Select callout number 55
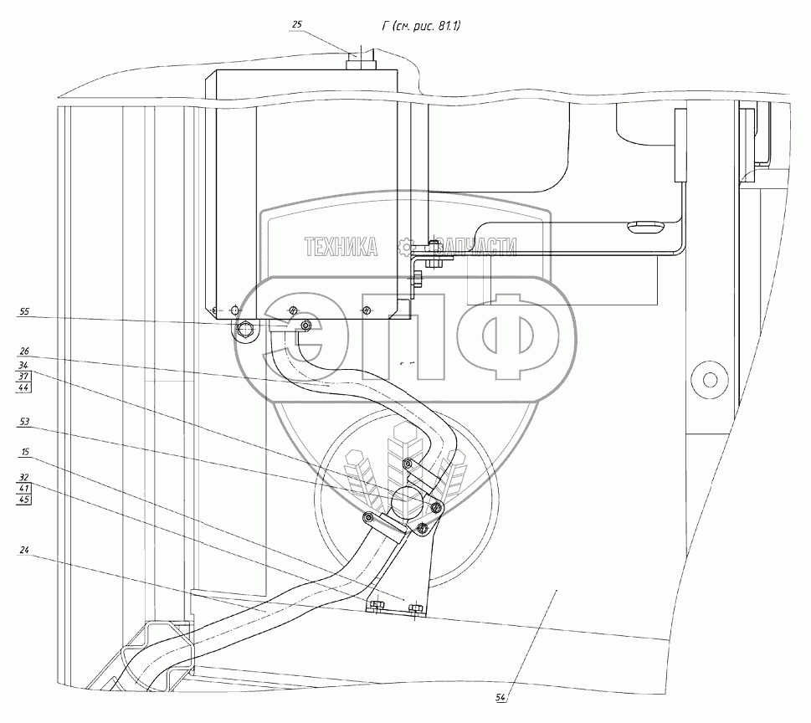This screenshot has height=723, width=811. click(23, 312)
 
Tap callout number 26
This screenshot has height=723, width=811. click(23, 351)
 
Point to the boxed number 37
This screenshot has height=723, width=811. click(23, 377)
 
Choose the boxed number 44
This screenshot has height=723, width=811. click(23, 389)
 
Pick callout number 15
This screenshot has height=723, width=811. click(23, 453)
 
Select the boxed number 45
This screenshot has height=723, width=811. click(23, 500)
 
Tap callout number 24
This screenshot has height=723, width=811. click(23, 551)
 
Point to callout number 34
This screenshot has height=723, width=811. click(23, 365)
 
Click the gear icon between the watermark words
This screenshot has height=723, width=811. click(408, 246)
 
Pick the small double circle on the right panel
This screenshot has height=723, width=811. click(705, 377)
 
